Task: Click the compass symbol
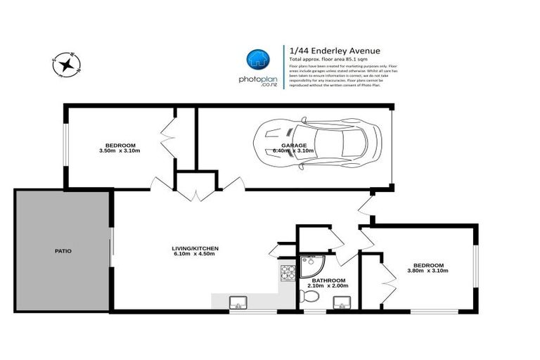(67, 65)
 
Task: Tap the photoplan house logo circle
(257, 60)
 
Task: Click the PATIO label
(63, 250)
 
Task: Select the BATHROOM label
(328, 280)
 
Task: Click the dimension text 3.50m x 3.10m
(120, 151)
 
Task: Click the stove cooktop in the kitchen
(288, 271)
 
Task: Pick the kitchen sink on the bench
(238, 303)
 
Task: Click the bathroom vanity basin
(342, 302)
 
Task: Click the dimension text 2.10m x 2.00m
(328, 286)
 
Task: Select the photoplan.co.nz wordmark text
(257, 82)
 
